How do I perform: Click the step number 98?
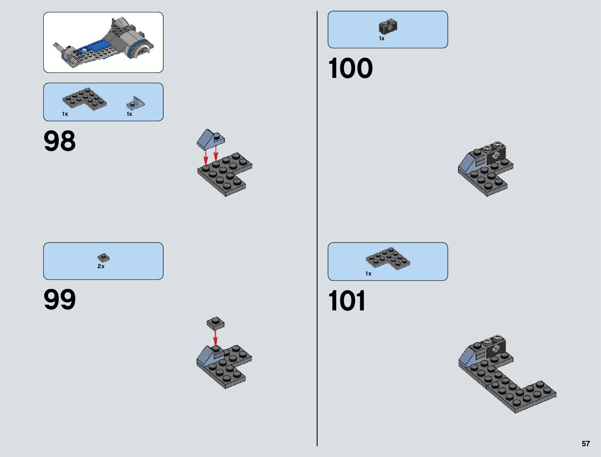[x=60, y=141]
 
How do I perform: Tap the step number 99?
[x=60, y=300]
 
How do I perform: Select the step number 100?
[x=350, y=69]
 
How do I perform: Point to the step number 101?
[x=347, y=301]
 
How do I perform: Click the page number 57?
[x=585, y=444]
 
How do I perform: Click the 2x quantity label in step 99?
[x=101, y=266]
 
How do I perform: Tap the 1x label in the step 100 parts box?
[x=381, y=38]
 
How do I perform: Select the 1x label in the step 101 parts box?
[x=368, y=274]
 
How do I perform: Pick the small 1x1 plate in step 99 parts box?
[x=103, y=257]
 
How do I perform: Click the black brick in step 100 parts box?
[x=388, y=26]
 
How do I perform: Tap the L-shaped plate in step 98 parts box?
[x=84, y=99]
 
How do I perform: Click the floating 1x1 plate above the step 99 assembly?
[x=215, y=323]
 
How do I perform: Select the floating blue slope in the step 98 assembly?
[x=209, y=139]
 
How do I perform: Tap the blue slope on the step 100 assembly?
[x=467, y=164]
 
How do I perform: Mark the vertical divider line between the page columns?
[x=317, y=230]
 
